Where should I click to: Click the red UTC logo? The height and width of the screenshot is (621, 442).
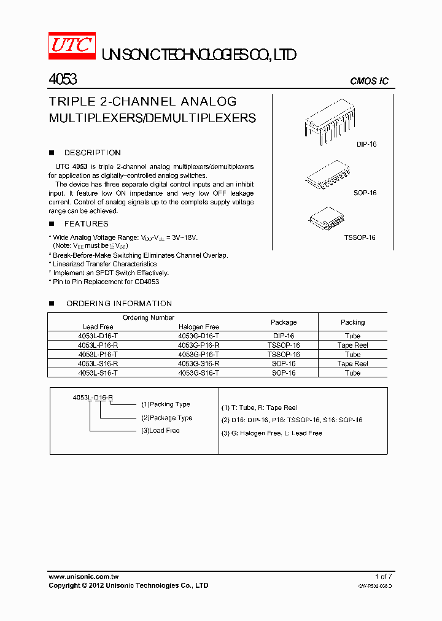point(72,46)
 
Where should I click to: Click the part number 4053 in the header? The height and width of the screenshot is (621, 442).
point(62,80)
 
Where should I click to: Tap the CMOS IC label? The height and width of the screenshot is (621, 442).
point(369,82)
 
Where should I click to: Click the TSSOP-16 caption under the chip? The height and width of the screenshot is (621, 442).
point(360,237)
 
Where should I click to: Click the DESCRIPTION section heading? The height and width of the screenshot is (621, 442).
point(92,153)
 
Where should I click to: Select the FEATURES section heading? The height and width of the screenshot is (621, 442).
point(86,224)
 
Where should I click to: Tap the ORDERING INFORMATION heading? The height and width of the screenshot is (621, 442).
point(118,304)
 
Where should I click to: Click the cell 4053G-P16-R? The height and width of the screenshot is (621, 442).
point(198,345)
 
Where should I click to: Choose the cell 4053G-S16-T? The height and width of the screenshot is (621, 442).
point(198,373)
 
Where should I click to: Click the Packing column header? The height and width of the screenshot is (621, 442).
point(352,322)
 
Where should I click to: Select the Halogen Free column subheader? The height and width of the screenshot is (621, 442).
point(198,327)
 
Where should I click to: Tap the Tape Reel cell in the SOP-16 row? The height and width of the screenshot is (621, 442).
point(352,364)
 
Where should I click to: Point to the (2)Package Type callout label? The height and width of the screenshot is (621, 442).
point(166,418)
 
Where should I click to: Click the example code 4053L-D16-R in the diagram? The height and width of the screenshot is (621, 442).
point(93,398)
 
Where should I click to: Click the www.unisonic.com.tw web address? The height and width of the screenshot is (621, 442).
point(83,576)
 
